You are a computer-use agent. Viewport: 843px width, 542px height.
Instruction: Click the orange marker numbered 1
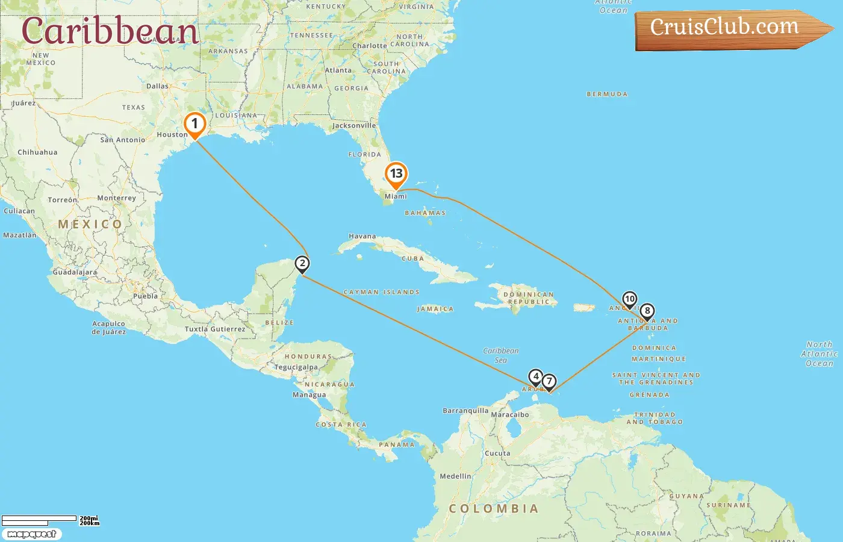[x=194, y=125]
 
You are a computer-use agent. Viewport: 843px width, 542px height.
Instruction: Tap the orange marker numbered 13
[x=396, y=174]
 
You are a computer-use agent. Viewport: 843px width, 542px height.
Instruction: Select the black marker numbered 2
[x=302, y=264]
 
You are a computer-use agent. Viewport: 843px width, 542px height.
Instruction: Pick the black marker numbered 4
[x=535, y=377]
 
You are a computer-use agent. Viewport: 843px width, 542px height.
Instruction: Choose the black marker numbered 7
[x=549, y=381]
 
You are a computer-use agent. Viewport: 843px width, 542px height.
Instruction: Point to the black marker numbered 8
[x=647, y=311]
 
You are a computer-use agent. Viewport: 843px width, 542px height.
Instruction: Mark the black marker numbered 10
[x=629, y=299]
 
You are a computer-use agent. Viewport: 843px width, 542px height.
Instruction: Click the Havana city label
[x=362, y=236]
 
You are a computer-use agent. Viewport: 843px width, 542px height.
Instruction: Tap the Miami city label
[x=396, y=196]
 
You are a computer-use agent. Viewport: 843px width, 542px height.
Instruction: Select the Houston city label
[x=172, y=134]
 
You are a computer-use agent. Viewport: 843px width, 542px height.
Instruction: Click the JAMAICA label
[x=435, y=309]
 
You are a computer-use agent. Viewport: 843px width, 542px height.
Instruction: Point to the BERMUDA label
[x=607, y=95]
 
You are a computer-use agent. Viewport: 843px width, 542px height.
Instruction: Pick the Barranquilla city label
[x=465, y=411]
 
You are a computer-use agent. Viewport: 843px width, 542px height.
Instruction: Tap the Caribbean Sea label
[x=500, y=355]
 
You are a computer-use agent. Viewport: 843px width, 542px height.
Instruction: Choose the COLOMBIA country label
[x=493, y=509]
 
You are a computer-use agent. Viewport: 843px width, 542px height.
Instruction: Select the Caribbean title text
[x=110, y=31]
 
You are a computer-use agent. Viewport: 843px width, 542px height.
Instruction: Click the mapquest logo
[x=31, y=534]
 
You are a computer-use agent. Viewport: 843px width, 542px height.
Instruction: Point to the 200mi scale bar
[x=40, y=519]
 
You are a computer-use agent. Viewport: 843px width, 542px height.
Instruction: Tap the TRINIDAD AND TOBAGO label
[x=655, y=419]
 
